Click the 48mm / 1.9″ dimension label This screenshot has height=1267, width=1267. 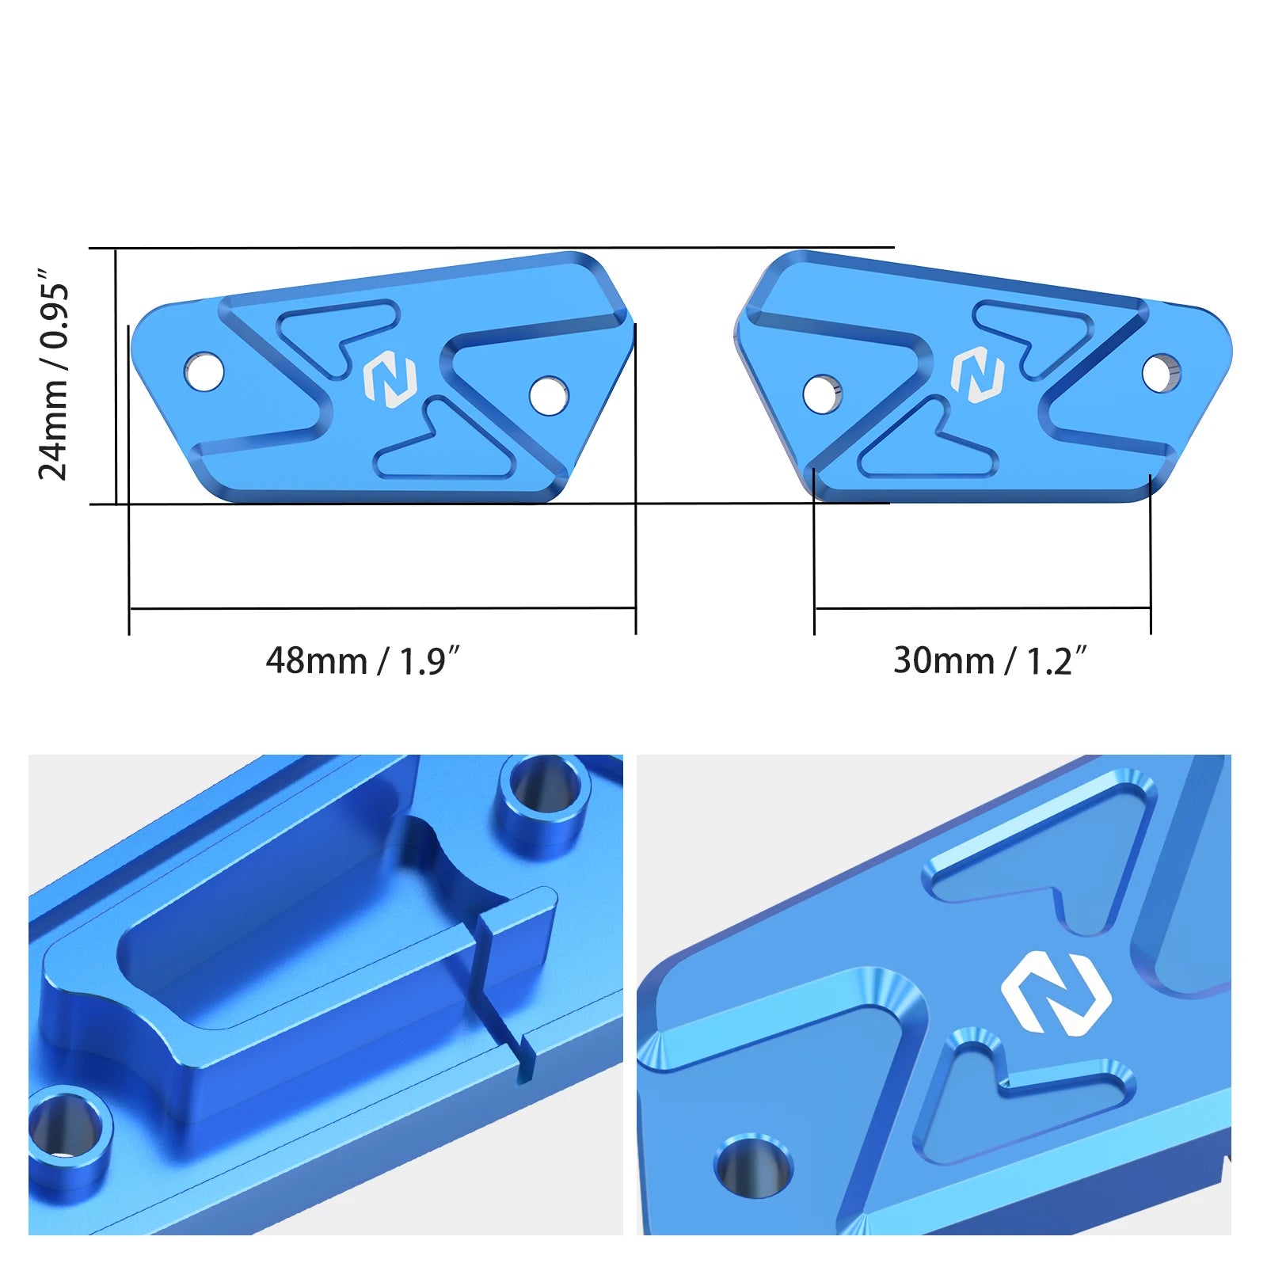coord(363,660)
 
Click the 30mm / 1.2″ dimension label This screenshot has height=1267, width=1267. coord(990,660)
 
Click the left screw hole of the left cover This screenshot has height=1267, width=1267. coord(204,371)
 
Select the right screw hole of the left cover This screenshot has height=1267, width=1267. coord(548,395)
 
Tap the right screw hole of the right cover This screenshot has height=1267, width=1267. coord(1161,372)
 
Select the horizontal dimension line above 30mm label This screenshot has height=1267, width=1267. coord(982,608)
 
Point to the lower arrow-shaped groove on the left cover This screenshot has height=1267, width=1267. coord(443,451)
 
